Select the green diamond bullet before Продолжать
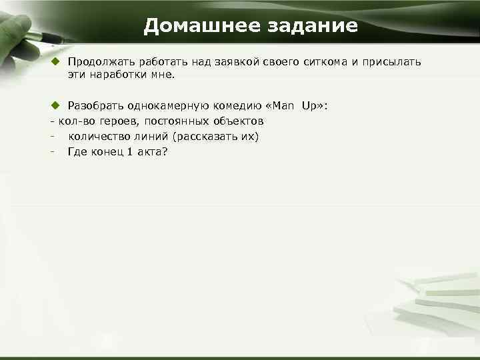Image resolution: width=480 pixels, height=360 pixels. (x=57, y=62)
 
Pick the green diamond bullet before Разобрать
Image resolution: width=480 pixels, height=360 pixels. (x=57, y=106)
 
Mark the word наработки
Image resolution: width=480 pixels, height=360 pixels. (x=116, y=77)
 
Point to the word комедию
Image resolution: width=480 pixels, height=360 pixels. (x=230, y=106)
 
